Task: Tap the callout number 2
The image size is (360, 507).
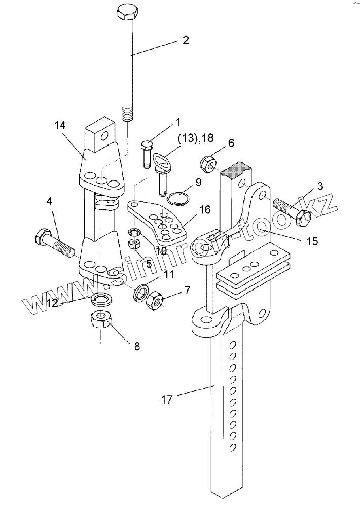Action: click(186, 40)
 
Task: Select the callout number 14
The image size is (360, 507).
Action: click(60, 125)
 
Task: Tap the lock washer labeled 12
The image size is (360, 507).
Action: click(101, 299)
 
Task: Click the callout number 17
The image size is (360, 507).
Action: click(167, 400)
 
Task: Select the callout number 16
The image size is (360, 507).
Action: click(205, 209)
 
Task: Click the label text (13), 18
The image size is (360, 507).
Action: click(195, 138)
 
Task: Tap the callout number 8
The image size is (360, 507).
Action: click(137, 346)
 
